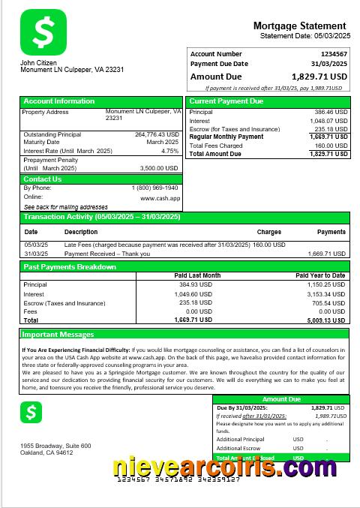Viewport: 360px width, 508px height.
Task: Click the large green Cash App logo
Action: pyautogui.click(x=43, y=31)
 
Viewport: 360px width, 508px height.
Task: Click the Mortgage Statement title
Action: pyautogui.click(x=299, y=26)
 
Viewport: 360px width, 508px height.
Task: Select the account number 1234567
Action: pyautogui.click(x=334, y=54)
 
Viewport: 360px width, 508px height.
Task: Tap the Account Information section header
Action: pyautogui.click(x=59, y=101)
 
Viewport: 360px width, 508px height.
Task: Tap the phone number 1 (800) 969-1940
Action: pyautogui.click(x=155, y=188)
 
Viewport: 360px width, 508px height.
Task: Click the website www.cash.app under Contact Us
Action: pyautogui.click(x=160, y=197)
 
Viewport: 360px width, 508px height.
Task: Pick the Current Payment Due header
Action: pyautogui.click(x=226, y=101)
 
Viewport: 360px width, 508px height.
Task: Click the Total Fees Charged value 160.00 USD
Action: pyautogui.click(x=331, y=146)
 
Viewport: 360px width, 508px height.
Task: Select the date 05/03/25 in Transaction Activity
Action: pyautogui.click(x=36, y=245)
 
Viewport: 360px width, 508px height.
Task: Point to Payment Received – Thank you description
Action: pyautogui.click(x=107, y=254)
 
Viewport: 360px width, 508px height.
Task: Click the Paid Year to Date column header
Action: pyautogui.click(x=320, y=275)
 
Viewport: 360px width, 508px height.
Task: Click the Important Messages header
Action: pyautogui.click(x=58, y=334)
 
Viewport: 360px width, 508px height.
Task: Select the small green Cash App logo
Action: pyautogui.click(x=31, y=412)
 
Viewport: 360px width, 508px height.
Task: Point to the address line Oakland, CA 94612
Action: pyautogui.click(x=46, y=452)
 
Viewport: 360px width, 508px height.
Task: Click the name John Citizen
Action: pyautogui.click(x=38, y=62)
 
